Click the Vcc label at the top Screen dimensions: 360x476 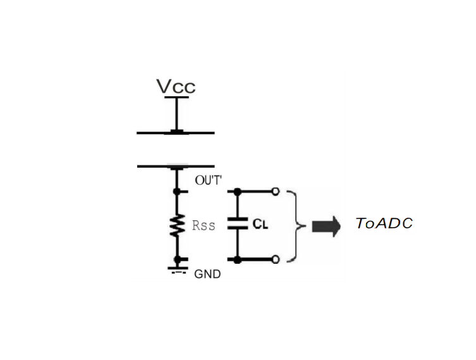coord(176,86)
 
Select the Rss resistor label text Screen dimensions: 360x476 coord(204,225)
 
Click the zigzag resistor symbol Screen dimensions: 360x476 coord(178,225)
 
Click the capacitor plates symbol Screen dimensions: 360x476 coord(236,224)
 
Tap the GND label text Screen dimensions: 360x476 coord(207,275)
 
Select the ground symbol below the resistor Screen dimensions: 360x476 coord(177,270)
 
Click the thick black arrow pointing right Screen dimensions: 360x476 coord(326,225)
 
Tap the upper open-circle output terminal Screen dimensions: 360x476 coord(275,190)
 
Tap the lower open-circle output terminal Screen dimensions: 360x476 coord(275,259)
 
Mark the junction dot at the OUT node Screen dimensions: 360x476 coord(178,190)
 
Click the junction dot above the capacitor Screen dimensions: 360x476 coord(236,190)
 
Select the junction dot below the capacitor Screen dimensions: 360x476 coord(236,259)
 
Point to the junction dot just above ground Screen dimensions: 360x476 coord(178,259)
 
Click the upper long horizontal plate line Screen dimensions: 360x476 coord(176,133)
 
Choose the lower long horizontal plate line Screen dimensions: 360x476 coord(176,166)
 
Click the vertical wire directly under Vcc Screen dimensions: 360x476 coord(177,114)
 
